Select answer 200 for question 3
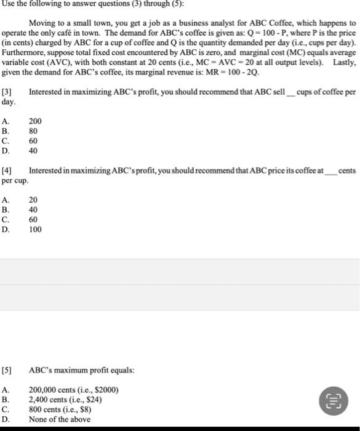click(34, 122)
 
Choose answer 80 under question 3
click(33, 131)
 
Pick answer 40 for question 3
click(33, 150)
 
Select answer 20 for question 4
click(33, 199)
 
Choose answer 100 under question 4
click(34, 229)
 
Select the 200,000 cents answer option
click(73, 390)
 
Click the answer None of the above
click(60, 419)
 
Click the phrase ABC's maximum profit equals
click(81, 370)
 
